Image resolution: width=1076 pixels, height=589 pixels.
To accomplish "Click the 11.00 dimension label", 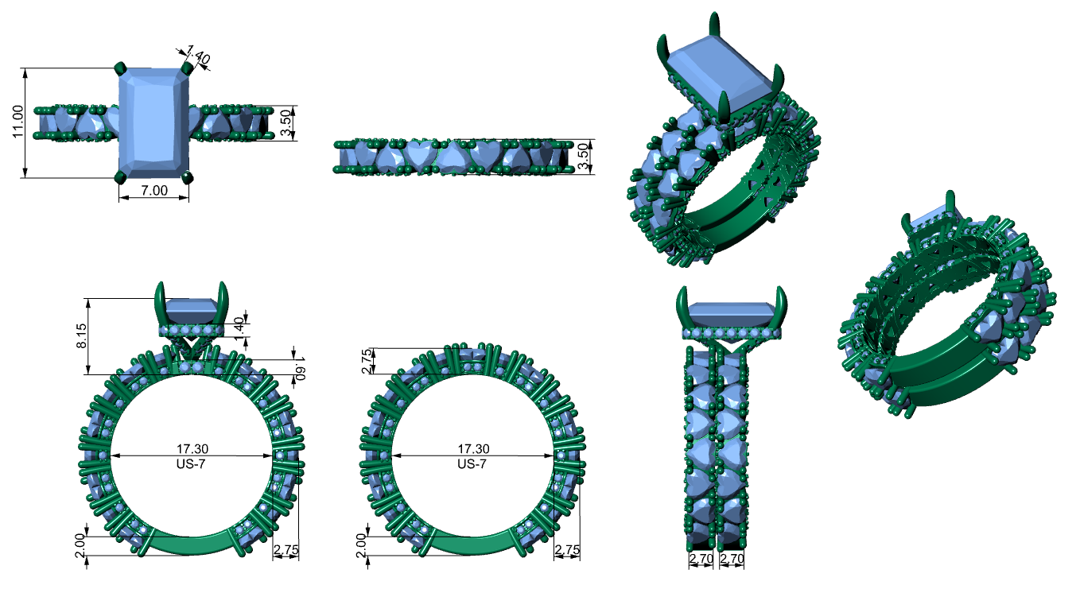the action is tap(17, 122).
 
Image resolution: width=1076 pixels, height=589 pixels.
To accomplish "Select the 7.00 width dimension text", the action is tap(154, 191).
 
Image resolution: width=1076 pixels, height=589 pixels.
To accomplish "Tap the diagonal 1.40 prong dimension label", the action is tap(198, 55).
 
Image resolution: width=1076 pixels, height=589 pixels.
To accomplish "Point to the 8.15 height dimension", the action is tap(82, 335).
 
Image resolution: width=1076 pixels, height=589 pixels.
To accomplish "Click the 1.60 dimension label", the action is tap(300, 368).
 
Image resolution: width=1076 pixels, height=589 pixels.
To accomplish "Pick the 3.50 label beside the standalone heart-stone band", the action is tap(581, 157).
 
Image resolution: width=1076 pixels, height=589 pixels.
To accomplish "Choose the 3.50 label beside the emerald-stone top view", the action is tap(286, 123).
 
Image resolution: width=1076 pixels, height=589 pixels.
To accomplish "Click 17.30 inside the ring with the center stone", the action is tap(192, 449).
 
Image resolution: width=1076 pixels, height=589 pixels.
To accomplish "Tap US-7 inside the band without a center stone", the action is tap(472, 464).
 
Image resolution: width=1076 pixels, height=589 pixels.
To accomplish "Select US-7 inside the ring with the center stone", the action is tap(191, 464).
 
